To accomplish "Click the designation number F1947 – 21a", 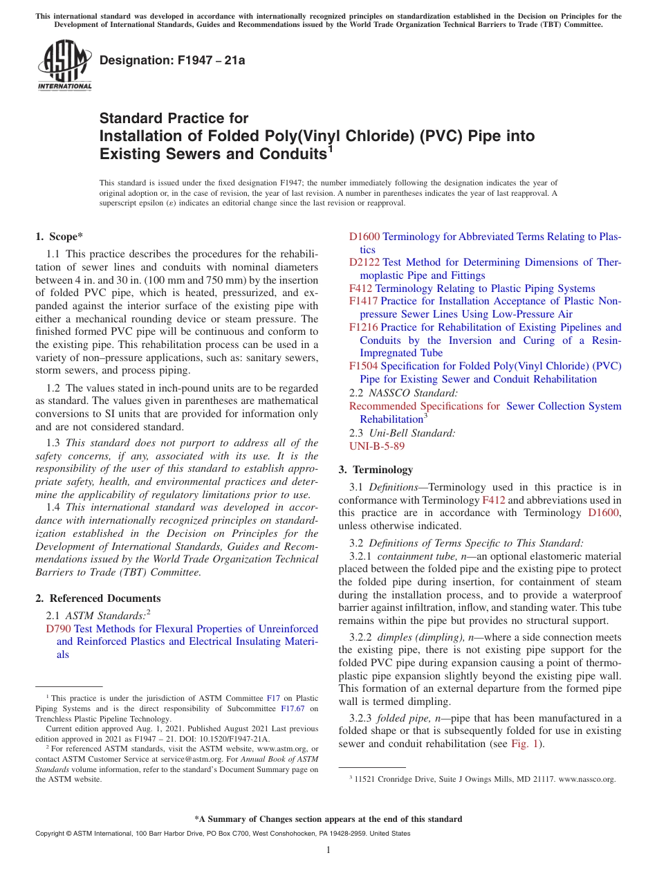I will tap(172, 61).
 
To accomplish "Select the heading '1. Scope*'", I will tap(59, 237).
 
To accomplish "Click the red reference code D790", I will tap(58, 629).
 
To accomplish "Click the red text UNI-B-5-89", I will tap(377, 446).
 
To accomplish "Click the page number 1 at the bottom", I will tap(328, 850).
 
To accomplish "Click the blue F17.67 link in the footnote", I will tap(293, 708).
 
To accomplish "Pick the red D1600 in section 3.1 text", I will tap(604, 513).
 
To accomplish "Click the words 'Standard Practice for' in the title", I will tap(174, 118).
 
